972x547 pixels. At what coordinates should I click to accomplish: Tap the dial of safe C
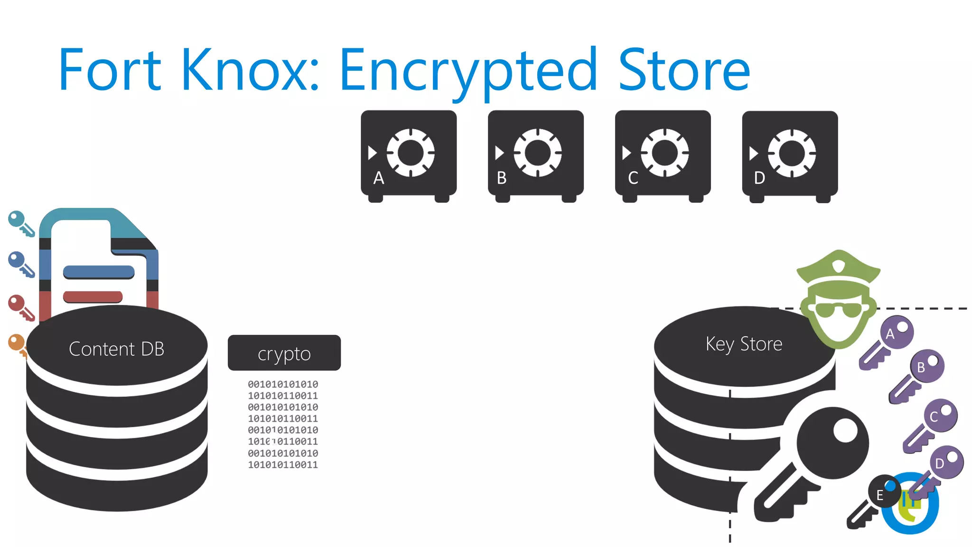[664, 153]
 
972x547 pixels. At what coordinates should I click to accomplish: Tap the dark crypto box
[284, 353]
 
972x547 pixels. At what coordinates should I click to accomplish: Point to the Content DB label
[116, 349]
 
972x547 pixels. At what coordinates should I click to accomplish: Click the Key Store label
[744, 344]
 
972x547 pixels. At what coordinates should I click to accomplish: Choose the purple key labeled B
[918, 375]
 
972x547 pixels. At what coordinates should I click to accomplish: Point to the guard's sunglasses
[839, 309]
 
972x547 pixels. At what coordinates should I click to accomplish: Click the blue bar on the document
[99, 272]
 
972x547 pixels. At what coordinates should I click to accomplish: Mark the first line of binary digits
[283, 384]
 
